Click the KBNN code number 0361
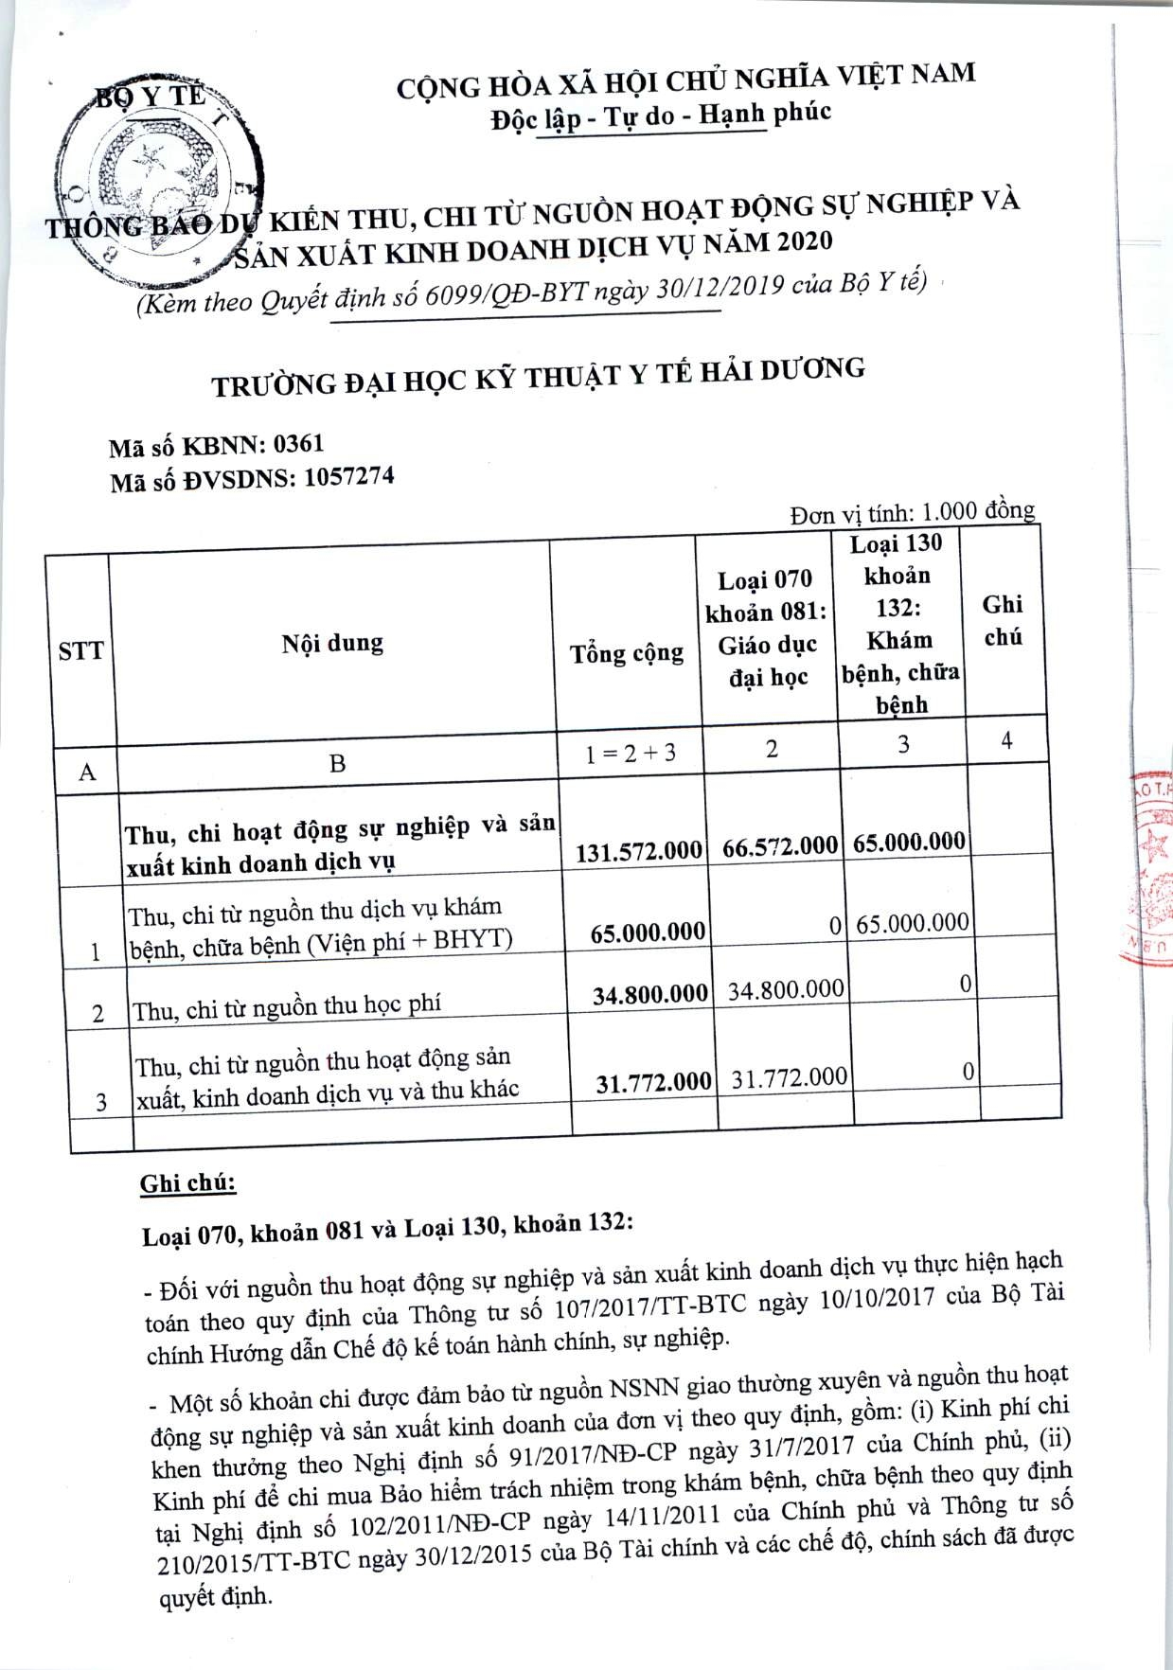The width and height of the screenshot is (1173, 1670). [298, 444]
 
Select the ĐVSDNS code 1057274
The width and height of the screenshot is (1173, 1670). [348, 477]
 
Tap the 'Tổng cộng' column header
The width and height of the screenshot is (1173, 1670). [627, 653]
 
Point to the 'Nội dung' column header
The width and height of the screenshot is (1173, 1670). [332, 644]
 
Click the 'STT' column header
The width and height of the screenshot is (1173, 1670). [80, 651]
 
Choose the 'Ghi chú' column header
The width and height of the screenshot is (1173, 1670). [1003, 620]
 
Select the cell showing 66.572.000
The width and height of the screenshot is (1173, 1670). [779, 846]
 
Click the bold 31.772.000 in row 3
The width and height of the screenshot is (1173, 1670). [653, 1082]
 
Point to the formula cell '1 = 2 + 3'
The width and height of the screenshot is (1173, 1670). [631, 754]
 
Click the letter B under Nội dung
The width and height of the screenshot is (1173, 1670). [337, 763]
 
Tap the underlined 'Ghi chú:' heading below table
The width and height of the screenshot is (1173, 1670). [187, 1183]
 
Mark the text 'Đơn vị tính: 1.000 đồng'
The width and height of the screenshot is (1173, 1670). [912, 512]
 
